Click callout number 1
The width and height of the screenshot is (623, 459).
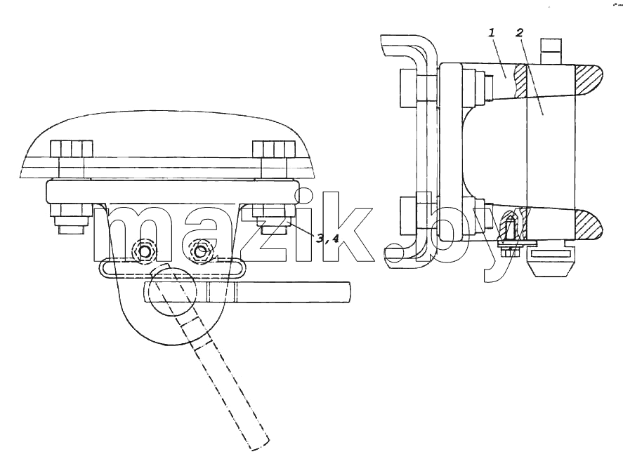pos(492,32)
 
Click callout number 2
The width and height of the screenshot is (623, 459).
pos(519,32)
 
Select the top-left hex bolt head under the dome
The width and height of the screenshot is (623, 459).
pos(72,149)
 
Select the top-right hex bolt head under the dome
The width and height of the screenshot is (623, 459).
pos(274,149)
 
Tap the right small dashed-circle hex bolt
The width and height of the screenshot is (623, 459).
pos(202,251)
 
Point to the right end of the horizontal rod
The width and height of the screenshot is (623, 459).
pos(350,292)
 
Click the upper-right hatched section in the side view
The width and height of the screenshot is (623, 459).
pos(589,80)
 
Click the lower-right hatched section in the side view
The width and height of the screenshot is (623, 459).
pos(589,225)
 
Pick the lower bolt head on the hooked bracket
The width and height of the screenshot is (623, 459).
pos(409,215)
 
